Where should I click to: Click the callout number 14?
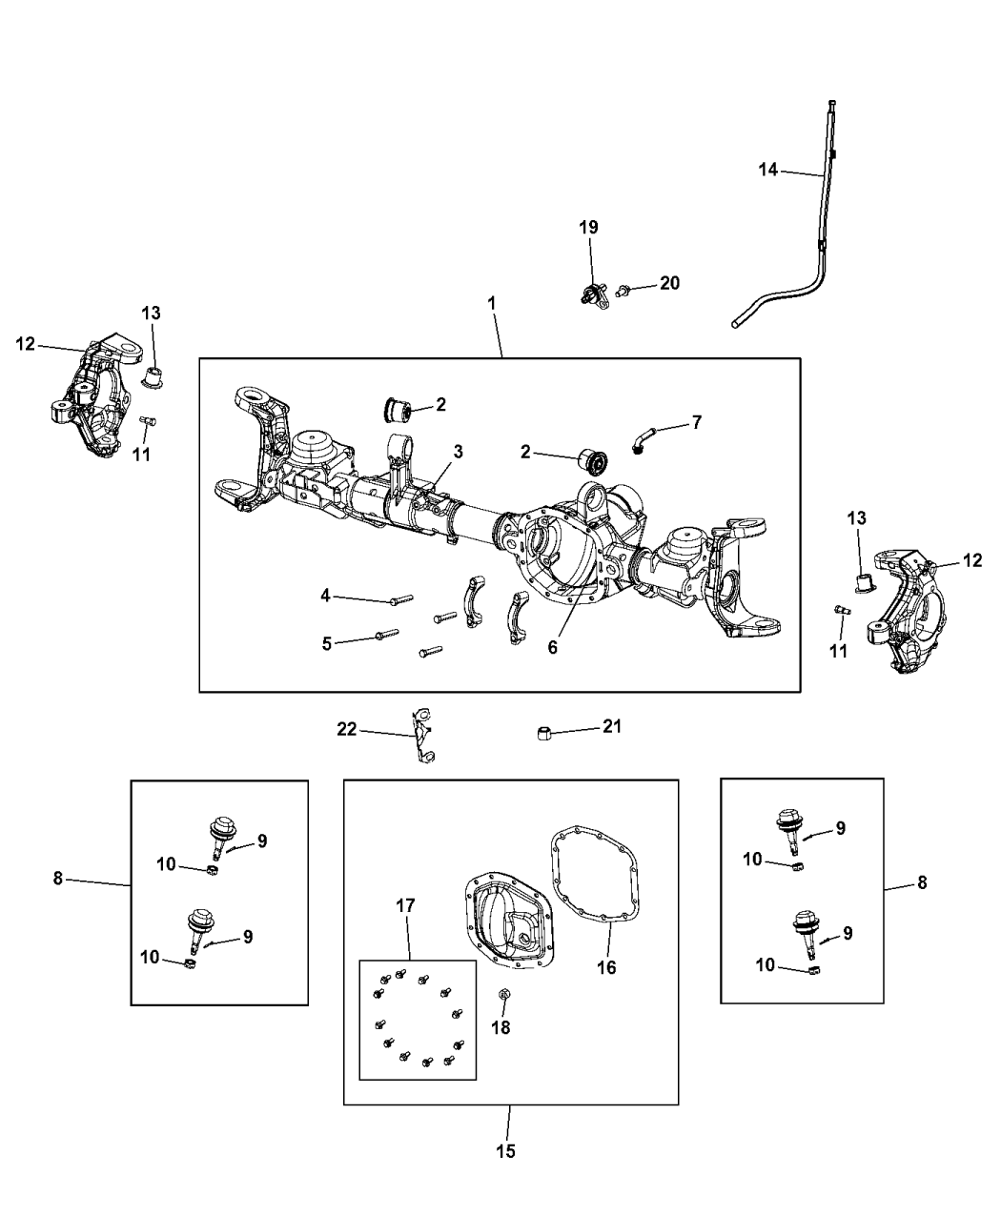point(768,170)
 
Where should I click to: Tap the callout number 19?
point(588,227)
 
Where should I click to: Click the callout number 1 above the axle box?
point(492,302)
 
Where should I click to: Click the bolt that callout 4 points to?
point(400,600)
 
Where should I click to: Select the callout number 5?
point(326,643)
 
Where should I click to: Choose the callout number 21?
point(611,726)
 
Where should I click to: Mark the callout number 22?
point(346,729)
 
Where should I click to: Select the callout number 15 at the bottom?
point(505,1151)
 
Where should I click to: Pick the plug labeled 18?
point(504,996)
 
